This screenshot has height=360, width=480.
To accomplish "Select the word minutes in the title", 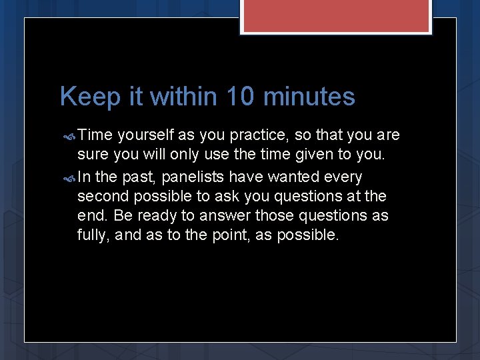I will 309,97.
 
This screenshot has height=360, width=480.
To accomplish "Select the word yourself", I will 145,136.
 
